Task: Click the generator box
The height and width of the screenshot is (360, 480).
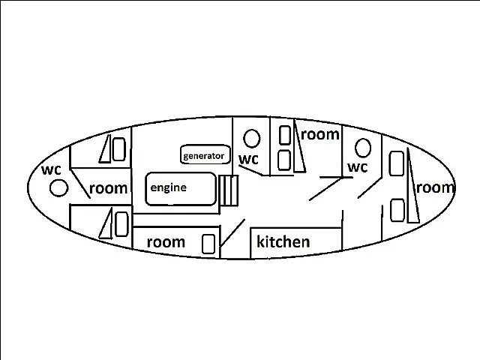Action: coord(205,154)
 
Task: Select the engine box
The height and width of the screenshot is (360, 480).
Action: coord(181,188)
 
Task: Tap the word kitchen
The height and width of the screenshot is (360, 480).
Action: coord(283,241)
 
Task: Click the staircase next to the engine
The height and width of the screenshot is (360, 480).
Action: coord(229,190)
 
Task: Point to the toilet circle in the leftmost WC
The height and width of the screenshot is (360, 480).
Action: coord(58,187)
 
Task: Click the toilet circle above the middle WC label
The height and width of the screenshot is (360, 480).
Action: coord(252,138)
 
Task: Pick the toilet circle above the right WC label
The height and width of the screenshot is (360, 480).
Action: coord(363,148)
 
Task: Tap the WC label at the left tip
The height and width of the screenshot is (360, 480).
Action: coord(52,169)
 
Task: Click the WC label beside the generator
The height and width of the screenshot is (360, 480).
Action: coord(248,159)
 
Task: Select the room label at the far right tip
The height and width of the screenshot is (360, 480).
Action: coord(435,187)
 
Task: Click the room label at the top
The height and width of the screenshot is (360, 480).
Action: coord(320,134)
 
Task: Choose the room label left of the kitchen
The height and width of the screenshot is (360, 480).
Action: coord(166,242)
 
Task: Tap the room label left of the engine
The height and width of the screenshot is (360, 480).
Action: coord(108,188)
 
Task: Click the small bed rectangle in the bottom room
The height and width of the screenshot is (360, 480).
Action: coord(208,244)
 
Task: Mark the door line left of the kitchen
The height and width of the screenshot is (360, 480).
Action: coord(232,233)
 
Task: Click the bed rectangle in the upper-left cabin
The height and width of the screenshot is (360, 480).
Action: coord(119,149)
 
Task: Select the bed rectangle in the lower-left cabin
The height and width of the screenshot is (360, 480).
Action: coord(121,224)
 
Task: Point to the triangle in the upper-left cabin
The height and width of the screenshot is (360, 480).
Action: coord(105,148)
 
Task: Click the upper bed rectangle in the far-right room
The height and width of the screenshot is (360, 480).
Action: coord(397,163)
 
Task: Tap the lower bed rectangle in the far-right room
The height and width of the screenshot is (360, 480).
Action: coord(397,210)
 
